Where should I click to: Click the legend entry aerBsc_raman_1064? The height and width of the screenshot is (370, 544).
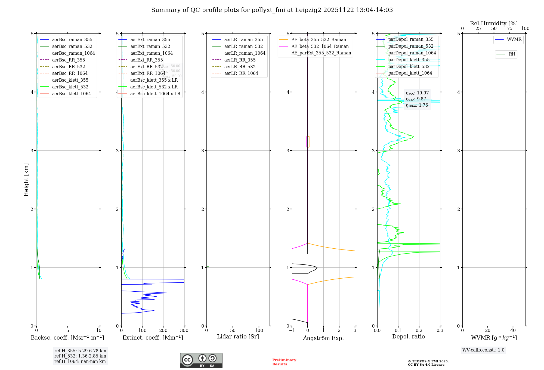pos(73,53)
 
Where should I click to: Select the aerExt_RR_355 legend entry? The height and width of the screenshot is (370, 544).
pos(146,60)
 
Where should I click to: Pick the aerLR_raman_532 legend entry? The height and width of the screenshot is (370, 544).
pos(243,46)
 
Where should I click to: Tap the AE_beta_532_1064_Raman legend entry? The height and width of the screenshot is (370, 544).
pos(320,46)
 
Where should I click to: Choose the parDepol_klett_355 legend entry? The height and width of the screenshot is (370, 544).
pos(409,60)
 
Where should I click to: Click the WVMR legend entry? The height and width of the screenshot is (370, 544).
pos(514,39)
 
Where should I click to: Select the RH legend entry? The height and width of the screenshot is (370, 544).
pos(512,54)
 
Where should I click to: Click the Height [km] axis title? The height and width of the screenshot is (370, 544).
pos(26,180)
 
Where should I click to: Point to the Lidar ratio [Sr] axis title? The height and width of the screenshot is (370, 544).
pos(238,337)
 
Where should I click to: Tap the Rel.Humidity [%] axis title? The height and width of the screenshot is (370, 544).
pos(494,23)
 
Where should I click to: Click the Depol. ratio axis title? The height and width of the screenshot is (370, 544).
pos(408,337)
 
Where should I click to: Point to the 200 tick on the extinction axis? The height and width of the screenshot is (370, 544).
pos(163,330)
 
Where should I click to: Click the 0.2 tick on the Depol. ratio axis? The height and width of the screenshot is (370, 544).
pos(419,330)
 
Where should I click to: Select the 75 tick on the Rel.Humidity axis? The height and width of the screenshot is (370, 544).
pos(510,29)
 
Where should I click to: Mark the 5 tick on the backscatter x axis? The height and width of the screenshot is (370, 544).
pos(68,330)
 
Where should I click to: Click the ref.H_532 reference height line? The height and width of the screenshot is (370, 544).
pos(80,356)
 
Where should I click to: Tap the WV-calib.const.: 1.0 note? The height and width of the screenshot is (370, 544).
pos(483,350)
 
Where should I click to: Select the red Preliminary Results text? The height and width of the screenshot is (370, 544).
pos(284,362)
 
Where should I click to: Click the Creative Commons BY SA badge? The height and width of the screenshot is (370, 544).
pos(201,360)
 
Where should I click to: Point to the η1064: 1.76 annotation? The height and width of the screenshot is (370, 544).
pos(417,105)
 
